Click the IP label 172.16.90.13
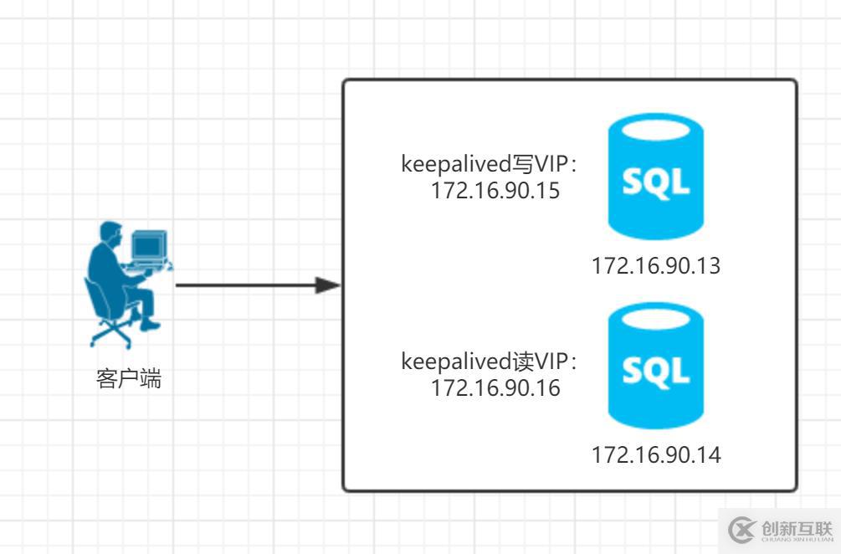click(x=655, y=266)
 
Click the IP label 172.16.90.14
click(x=655, y=455)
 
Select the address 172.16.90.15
click(x=495, y=191)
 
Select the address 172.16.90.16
click(x=495, y=388)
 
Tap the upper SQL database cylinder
click(x=655, y=177)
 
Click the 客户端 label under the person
click(x=129, y=379)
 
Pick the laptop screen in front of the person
click(x=148, y=246)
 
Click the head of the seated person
click(x=109, y=233)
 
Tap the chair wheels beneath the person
click(x=110, y=335)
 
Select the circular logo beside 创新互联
click(x=741, y=529)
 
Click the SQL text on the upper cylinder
click(x=655, y=182)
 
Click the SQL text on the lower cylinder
click(x=655, y=370)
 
